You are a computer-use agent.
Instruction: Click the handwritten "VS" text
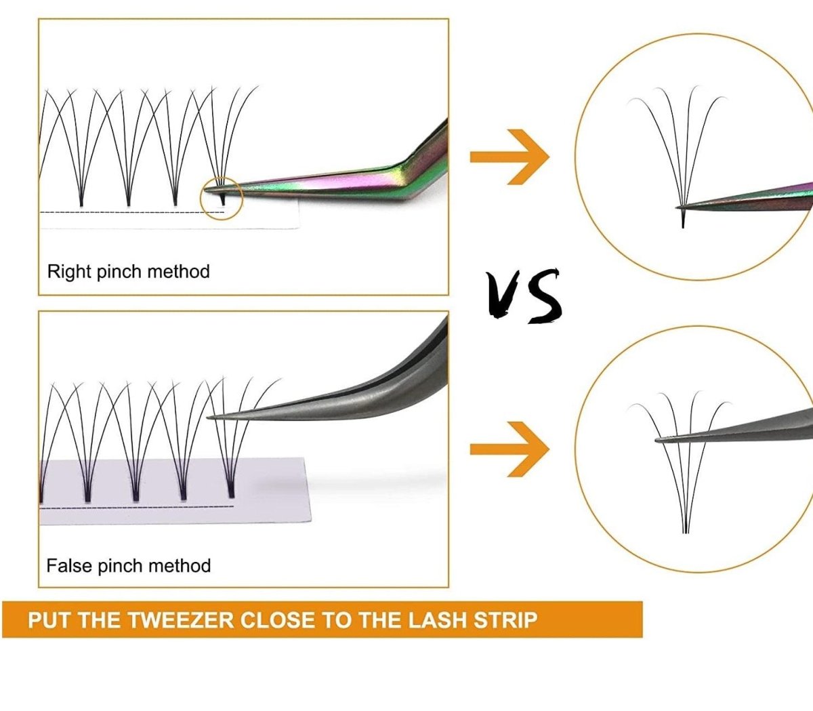(x=525, y=295)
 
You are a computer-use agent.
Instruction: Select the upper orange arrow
(x=509, y=157)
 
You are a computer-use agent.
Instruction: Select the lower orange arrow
(x=509, y=449)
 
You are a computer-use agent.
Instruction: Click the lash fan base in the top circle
(x=683, y=218)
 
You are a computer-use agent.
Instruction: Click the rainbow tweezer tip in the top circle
(x=682, y=205)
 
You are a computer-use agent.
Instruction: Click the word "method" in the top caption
(x=178, y=272)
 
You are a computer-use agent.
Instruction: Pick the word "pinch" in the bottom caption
(x=120, y=566)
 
